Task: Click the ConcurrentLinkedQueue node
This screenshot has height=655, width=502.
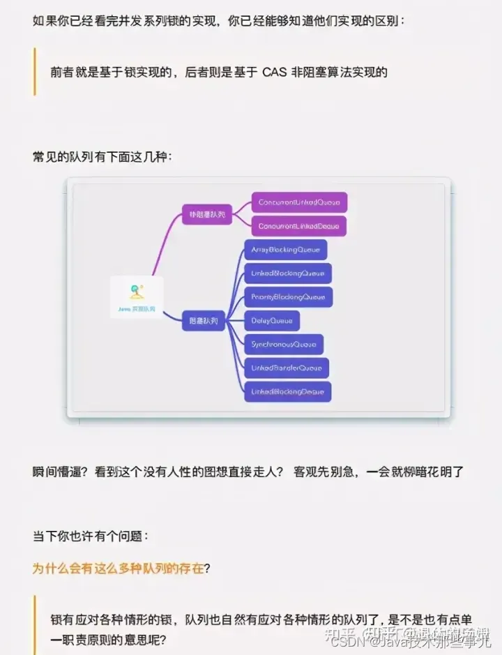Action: point(299,202)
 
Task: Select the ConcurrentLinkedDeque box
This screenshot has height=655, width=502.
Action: point(298,226)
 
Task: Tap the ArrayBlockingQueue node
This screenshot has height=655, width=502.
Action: point(285,250)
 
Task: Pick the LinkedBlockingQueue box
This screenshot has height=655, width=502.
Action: point(288,273)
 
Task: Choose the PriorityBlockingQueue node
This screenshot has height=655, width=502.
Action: point(288,297)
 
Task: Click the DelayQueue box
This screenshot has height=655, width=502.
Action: point(272,321)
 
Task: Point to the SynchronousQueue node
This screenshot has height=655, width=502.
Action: point(284,345)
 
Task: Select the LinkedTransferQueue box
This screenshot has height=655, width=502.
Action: point(287,368)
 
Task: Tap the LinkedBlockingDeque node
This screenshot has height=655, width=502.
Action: point(287,391)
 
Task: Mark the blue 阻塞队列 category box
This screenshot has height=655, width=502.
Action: point(204,322)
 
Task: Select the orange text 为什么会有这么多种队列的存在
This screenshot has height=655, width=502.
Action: point(119,568)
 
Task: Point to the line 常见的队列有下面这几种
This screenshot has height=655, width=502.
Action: point(102,157)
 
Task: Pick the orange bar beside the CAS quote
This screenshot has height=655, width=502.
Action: point(34,72)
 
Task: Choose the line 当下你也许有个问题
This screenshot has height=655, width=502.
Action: point(90,536)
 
